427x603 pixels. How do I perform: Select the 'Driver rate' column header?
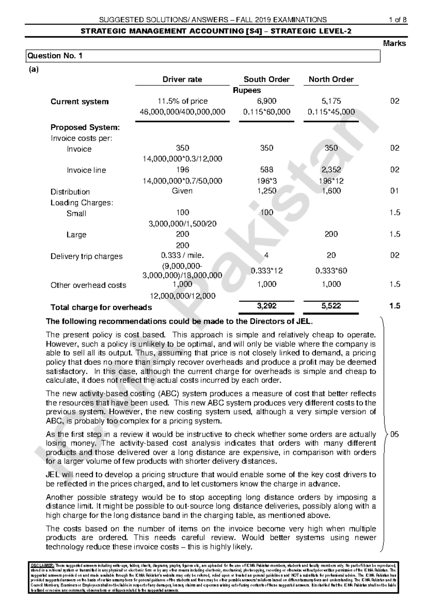182,80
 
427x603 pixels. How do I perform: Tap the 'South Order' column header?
267,80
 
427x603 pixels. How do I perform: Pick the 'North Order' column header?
331,80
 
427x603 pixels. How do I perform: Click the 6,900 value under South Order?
267,101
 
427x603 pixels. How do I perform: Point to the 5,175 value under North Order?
331,101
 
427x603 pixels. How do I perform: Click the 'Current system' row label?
79,102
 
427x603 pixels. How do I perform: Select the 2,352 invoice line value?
331,170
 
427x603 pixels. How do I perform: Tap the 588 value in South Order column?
267,170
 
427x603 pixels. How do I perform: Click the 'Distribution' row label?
70,192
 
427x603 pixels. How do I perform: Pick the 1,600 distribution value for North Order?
331,191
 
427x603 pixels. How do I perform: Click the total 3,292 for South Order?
267,306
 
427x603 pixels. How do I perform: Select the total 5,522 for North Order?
331,306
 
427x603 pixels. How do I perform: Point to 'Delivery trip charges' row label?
86,256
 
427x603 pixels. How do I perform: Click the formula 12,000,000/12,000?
182,296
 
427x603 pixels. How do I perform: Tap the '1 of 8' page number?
397,20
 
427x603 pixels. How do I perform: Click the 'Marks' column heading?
394,44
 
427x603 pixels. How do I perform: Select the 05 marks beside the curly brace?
395,434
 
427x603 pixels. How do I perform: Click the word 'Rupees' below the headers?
247,91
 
